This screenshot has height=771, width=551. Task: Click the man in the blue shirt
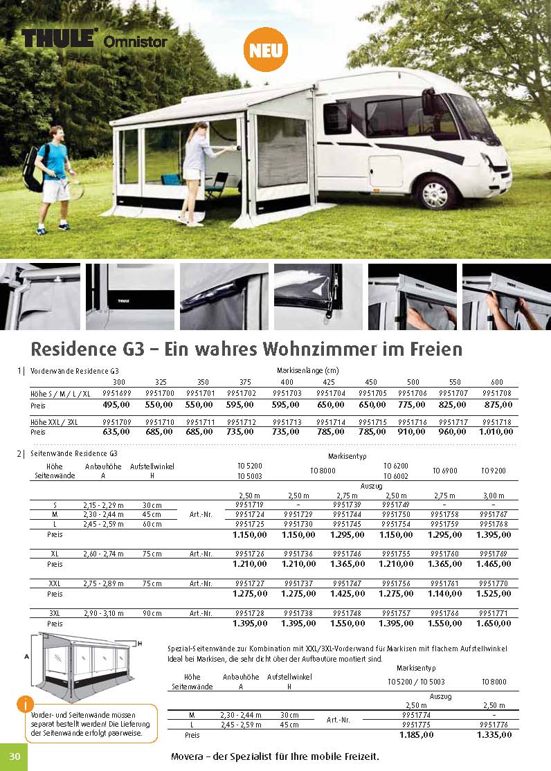pyautogui.click(x=54, y=176)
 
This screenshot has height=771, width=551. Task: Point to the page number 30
pyautogui.click(x=15, y=758)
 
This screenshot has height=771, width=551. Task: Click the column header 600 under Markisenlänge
pyautogui.click(x=496, y=382)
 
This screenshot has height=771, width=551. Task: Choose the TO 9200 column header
pyautogui.click(x=493, y=471)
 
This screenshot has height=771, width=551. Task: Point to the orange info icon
pyautogui.click(x=25, y=705)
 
